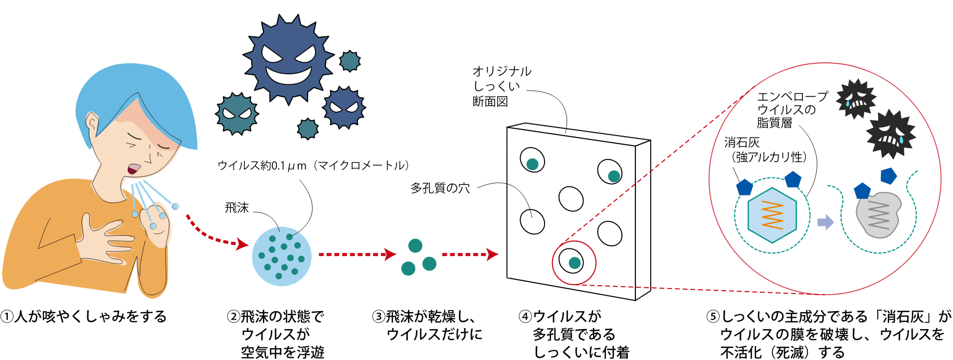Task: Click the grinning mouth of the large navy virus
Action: pyautogui.click(x=289, y=74)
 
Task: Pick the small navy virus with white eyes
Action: pyautogui.click(x=344, y=107)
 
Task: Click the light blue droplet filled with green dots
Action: pyautogui.click(x=282, y=257)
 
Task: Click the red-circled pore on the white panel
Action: pyautogui.click(x=573, y=262)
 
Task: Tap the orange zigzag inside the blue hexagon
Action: pyautogui.click(x=771, y=215)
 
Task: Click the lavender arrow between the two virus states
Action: pyautogui.click(x=825, y=221)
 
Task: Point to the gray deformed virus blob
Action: pyautogui.click(x=878, y=215)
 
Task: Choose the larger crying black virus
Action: pyautogui.click(x=891, y=133)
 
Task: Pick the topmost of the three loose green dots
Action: pyautogui.click(x=415, y=246)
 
